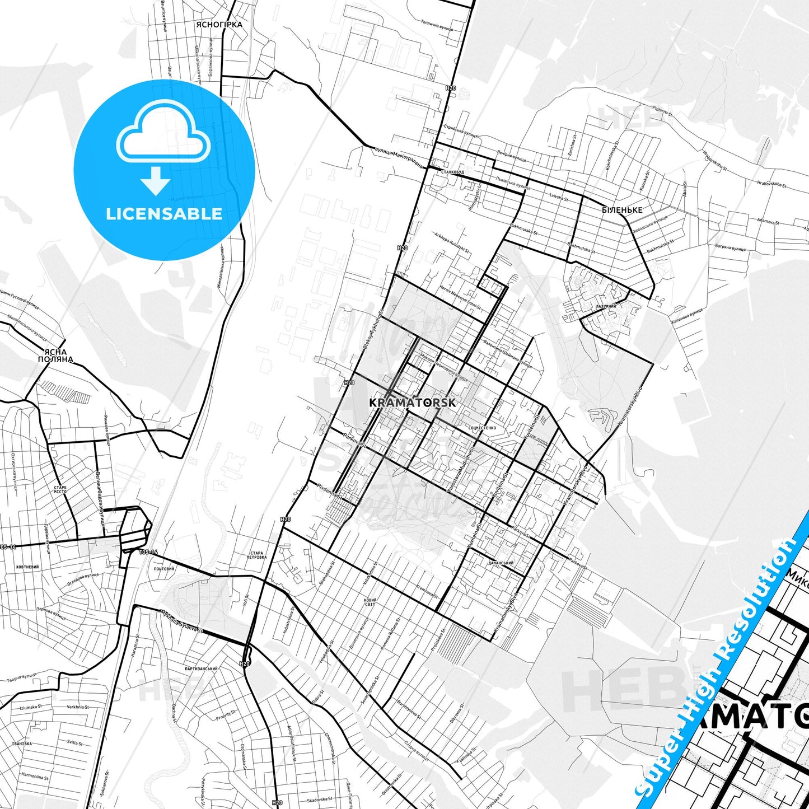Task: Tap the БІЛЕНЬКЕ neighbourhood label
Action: [x=621, y=210]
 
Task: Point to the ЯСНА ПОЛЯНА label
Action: [x=55, y=356]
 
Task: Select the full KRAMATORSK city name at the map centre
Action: [x=413, y=403]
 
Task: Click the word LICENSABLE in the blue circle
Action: [x=164, y=213]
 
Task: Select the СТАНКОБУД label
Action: [x=452, y=172]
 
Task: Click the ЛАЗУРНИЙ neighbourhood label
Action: [x=606, y=306]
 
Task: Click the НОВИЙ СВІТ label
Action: [x=370, y=602]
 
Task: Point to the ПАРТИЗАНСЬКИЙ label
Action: [x=201, y=668]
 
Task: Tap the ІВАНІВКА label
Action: [x=21, y=744]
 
